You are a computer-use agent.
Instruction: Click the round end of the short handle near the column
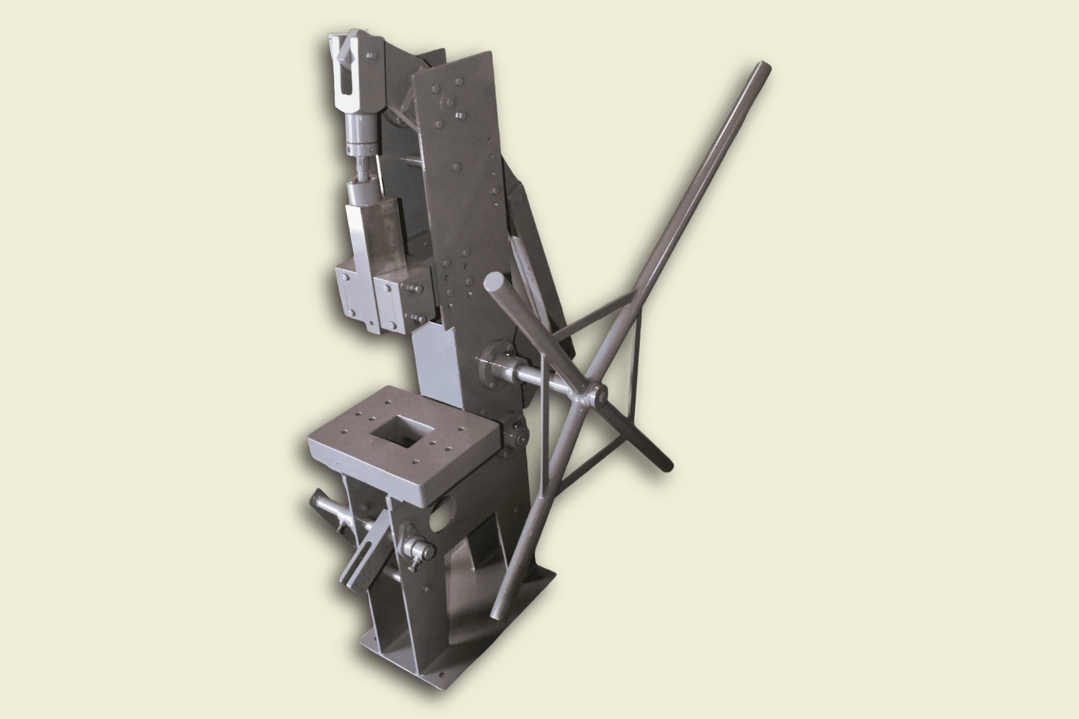495,282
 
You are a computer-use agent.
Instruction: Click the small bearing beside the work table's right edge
517,436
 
